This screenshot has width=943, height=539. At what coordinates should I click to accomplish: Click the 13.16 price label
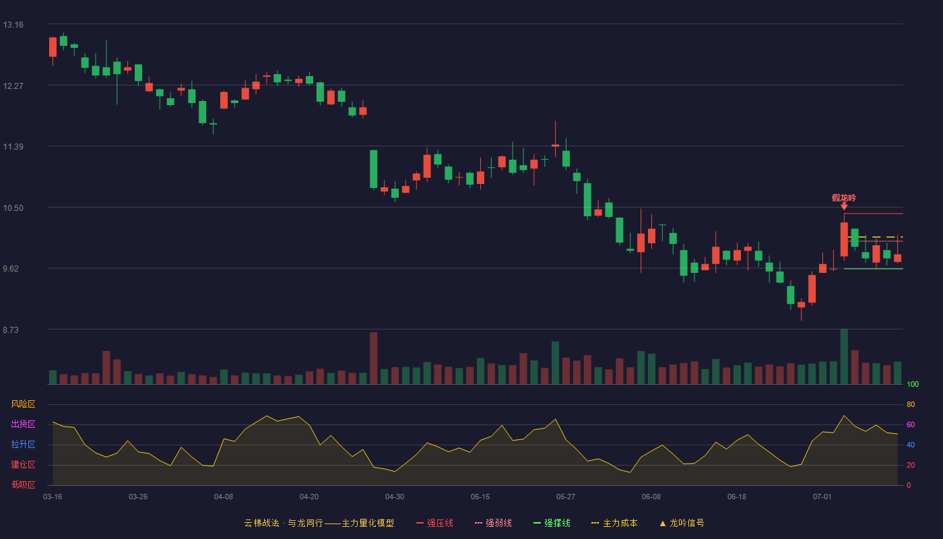point(13,25)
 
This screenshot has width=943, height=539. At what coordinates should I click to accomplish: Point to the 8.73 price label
point(11,329)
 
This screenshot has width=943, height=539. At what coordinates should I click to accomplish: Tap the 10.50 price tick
point(13,208)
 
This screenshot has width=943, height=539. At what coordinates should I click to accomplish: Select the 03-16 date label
point(53,497)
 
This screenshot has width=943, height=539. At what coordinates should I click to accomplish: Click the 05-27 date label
point(566,497)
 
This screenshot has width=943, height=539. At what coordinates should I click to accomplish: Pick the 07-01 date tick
point(822,497)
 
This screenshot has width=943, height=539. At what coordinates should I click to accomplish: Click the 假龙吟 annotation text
point(844,197)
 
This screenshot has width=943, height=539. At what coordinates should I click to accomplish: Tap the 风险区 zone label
point(23,404)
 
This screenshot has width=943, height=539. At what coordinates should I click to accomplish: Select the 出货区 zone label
point(23,424)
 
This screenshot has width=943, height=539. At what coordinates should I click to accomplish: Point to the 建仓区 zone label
point(23,464)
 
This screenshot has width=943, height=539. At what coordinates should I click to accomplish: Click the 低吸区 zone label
point(23,484)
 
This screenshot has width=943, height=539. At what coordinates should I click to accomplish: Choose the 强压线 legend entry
point(434,523)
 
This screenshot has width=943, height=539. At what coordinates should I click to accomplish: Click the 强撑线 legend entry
point(552,523)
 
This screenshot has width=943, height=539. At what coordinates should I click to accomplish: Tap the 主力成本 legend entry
point(614,523)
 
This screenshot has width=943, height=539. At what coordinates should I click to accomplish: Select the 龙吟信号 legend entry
point(682,523)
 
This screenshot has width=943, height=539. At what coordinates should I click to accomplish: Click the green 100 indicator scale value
point(913,384)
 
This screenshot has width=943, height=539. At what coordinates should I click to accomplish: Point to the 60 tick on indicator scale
point(911,424)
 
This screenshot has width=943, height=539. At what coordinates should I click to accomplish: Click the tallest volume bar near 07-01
point(844,356)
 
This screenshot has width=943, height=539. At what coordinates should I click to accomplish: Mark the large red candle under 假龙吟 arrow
point(844,239)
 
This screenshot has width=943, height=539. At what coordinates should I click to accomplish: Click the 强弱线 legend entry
point(493,523)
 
